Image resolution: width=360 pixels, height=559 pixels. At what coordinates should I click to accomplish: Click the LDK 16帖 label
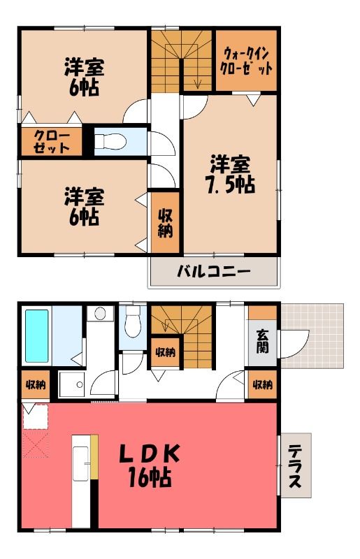149,465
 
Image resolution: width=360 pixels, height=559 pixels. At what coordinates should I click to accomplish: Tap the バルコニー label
214,272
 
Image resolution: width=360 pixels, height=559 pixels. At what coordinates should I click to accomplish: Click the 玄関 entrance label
262,341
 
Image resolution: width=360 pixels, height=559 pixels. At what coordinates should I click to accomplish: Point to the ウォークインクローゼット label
246,61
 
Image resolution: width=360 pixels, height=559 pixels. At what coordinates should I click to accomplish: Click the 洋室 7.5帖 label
231,174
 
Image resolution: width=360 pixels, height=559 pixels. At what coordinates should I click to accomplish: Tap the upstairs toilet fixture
110,142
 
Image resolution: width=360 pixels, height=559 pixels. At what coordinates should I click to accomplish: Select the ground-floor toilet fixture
133,321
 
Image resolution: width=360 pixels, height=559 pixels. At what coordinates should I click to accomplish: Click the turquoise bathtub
37,336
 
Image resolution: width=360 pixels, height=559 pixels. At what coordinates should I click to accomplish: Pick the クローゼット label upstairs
51,142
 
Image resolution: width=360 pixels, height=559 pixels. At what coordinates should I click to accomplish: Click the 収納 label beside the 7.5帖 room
165,223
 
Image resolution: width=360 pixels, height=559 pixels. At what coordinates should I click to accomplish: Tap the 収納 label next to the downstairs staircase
165,352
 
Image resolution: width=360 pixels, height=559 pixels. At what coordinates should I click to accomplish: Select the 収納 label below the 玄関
263,384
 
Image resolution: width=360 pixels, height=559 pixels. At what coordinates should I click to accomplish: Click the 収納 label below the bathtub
36,384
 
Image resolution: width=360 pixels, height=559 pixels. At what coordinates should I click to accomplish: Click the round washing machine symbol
99,314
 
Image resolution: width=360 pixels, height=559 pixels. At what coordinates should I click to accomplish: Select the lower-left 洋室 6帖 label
84,207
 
